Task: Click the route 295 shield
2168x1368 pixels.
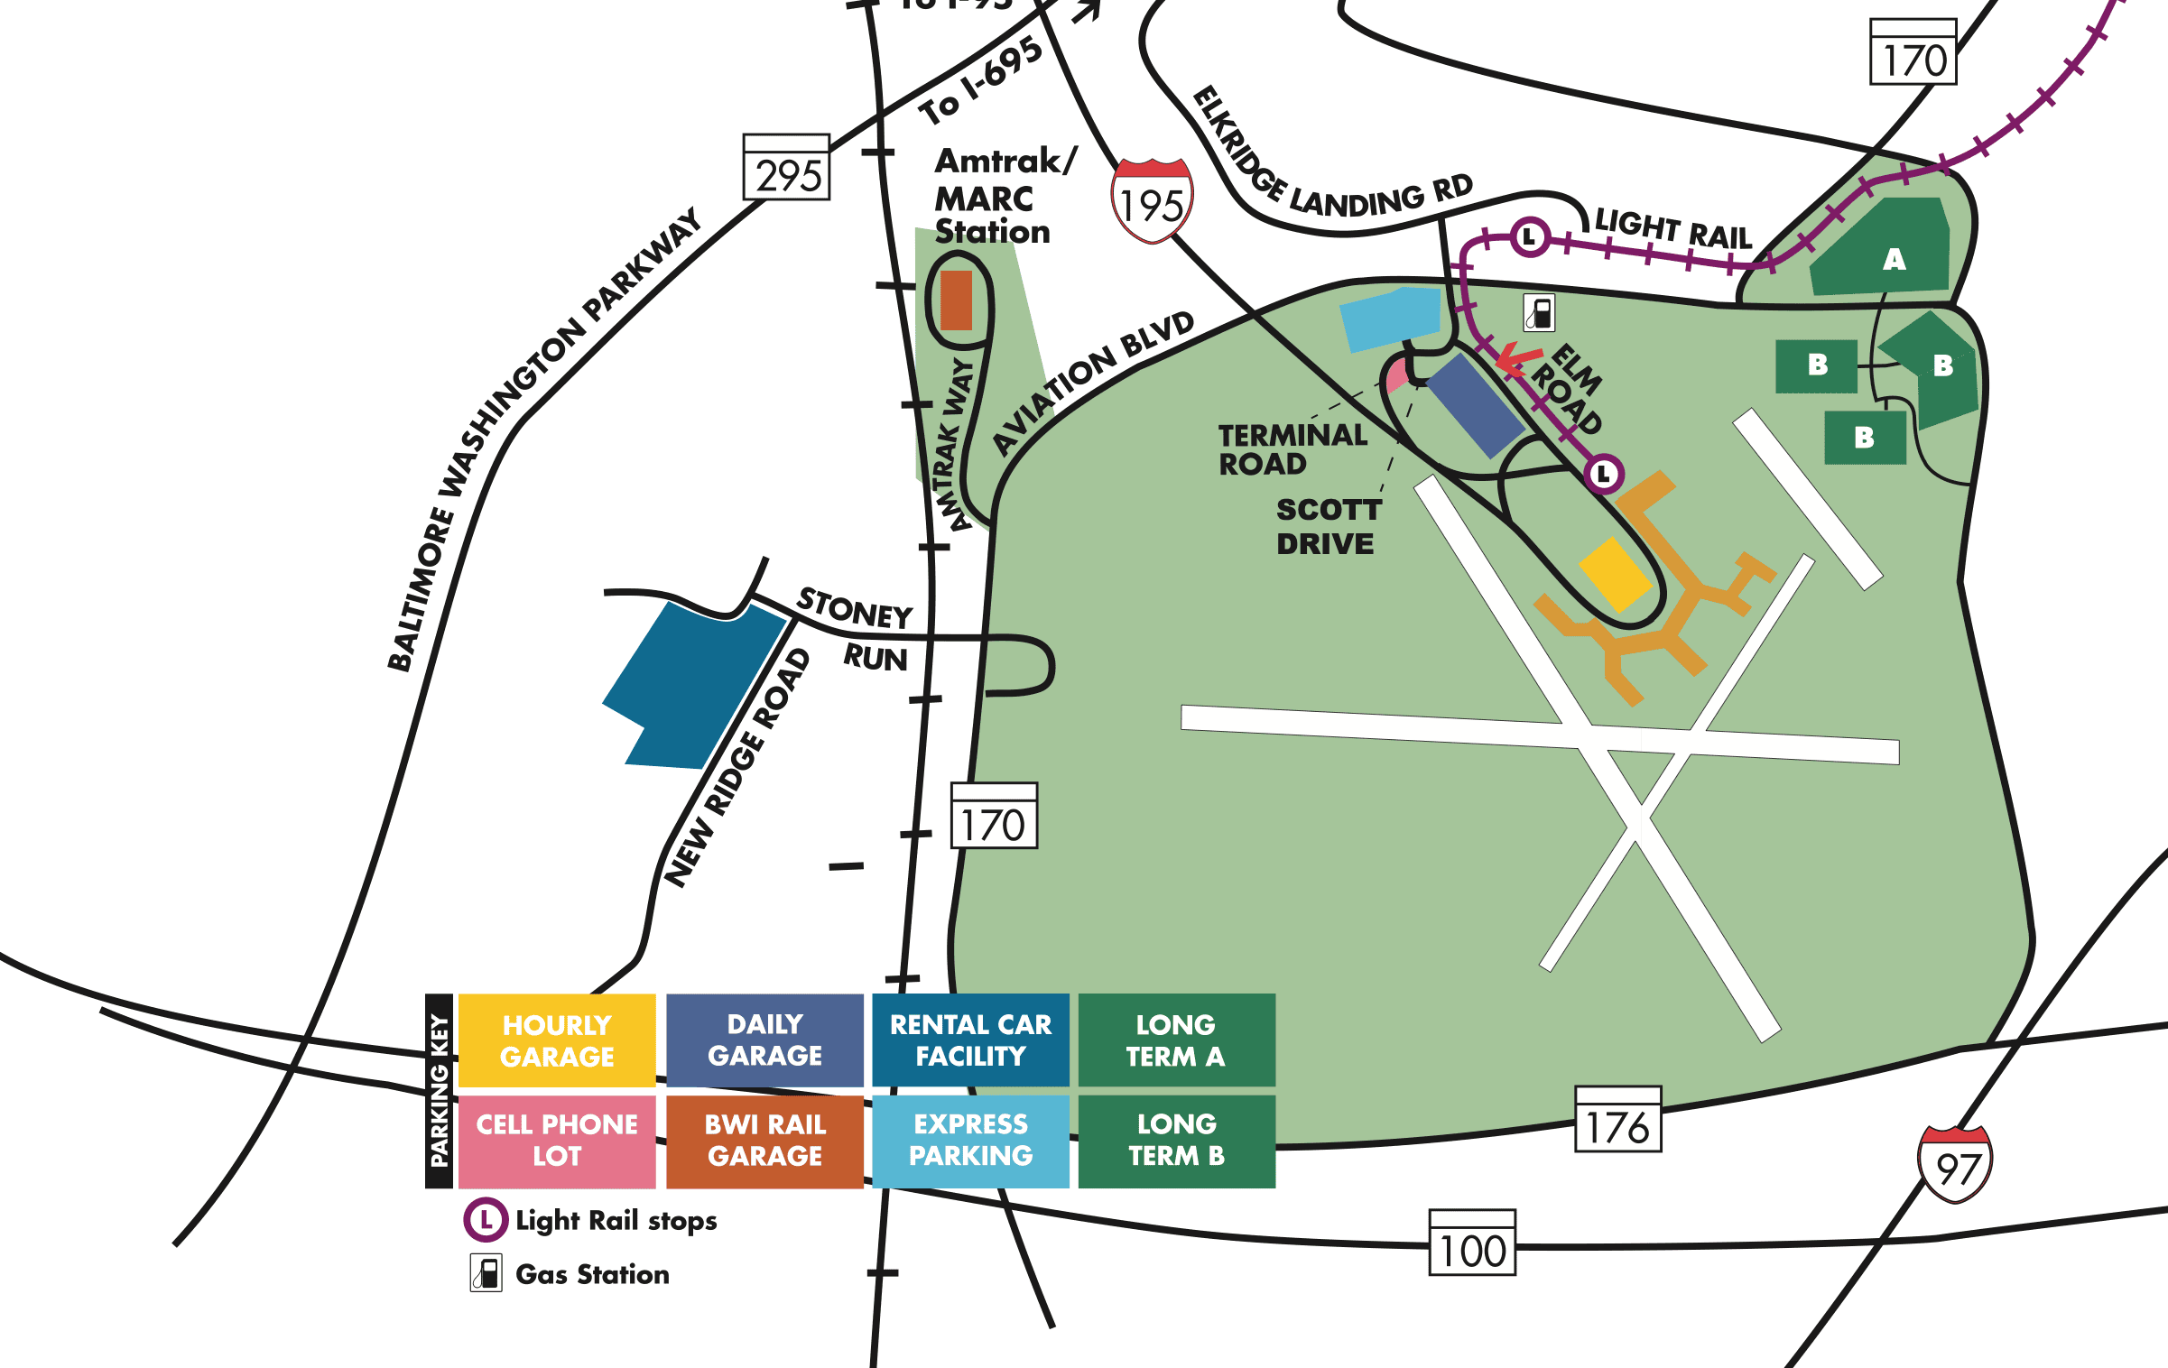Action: (786, 168)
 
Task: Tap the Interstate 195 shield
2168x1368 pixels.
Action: (1152, 201)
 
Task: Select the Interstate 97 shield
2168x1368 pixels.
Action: (1955, 1165)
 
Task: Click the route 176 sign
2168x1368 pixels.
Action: (1617, 1120)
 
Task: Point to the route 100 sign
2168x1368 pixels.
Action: (1472, 1243)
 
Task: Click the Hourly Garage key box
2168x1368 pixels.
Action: (557, 1040)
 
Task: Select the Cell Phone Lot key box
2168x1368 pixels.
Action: (557, 1141)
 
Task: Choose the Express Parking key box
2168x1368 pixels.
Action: (970, 1141)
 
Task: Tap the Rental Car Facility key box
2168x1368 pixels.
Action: (970, 1040)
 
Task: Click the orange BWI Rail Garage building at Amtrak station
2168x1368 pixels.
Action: (956, 300)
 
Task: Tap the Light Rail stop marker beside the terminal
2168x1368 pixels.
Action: (1604, 474)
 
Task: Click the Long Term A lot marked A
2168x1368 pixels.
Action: (1886, 253)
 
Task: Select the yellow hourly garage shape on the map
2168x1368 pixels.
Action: (1616, 575)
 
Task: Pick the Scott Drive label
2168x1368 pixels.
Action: (1327, 527)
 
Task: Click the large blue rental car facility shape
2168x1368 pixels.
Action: (690, 686)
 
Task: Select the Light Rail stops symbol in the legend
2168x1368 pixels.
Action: (486, 1220)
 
